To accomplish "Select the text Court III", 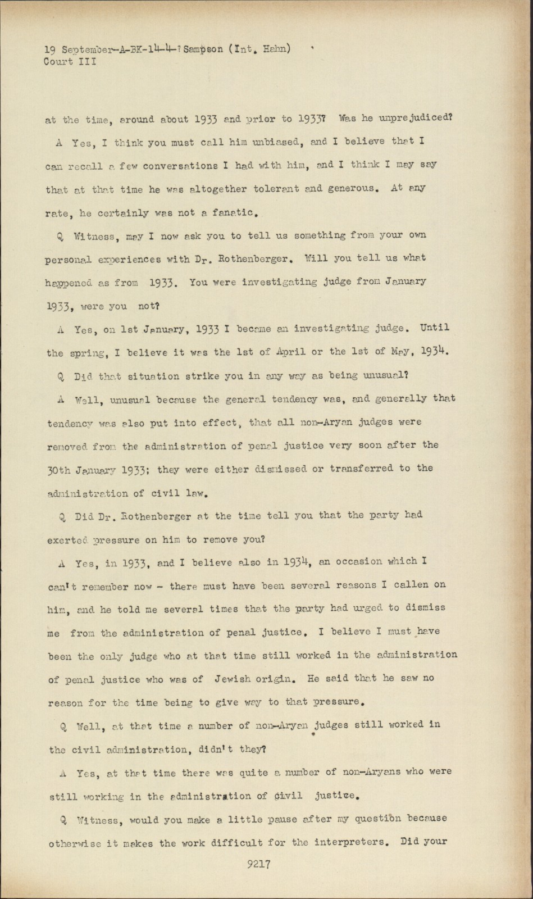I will click(x=70, y=62).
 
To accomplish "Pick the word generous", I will click(x=345, y=189).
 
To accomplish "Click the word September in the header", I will click(x=84, y=50).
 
